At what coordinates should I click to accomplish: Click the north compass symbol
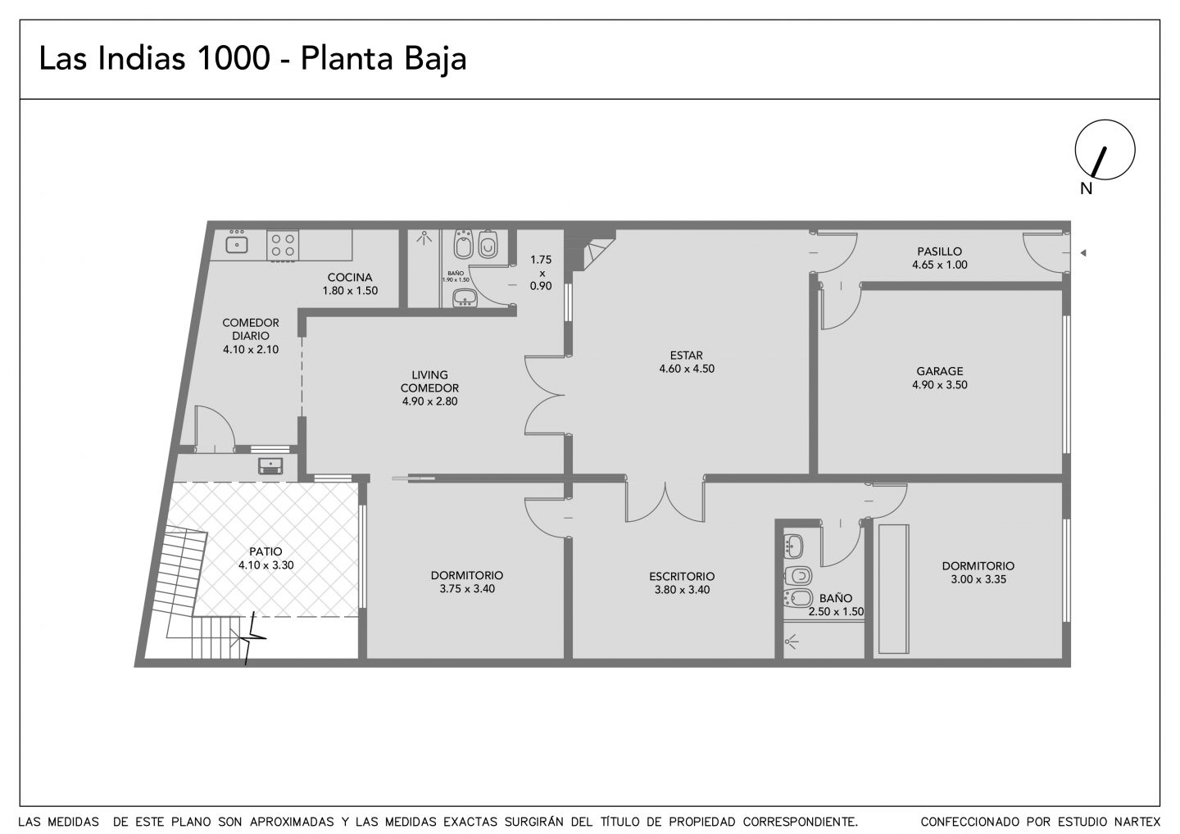click(x=1105, y=150)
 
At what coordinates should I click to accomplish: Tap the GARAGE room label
click(x=940, y=371)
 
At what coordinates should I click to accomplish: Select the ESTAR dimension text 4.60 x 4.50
click(x=687, y=369)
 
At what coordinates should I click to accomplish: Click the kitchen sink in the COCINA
click(x=237, y=244)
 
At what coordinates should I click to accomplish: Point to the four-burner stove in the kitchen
click(x=283, y=245)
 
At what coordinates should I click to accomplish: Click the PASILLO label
click(x=940, y=252)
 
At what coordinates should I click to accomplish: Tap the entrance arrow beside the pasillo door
click(x=1083, y=252)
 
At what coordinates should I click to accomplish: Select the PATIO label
click(x=265, y=552)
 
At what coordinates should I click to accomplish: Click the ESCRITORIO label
click(x=682, y=577)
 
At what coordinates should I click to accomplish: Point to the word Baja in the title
click(x=435, y=58)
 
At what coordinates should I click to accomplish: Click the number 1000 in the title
click(x=233, y=58)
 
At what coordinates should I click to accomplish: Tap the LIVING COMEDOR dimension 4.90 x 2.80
click(x=430, y=401)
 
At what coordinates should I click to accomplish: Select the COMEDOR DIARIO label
click(x=251, y=329)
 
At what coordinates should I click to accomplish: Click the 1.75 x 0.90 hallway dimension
click(x=541, y=273)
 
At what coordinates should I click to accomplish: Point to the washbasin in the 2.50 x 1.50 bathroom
click(x=794, y=546)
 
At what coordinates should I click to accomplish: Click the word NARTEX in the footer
click(x=1138, y=822)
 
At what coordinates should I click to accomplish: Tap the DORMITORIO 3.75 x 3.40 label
click(x=467, y=582)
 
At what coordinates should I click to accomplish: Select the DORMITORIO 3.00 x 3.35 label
click(x=978, y=573)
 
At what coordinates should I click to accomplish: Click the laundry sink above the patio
click(x=270, y=466)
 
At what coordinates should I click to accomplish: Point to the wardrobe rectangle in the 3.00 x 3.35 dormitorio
click(x=893, y=589)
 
